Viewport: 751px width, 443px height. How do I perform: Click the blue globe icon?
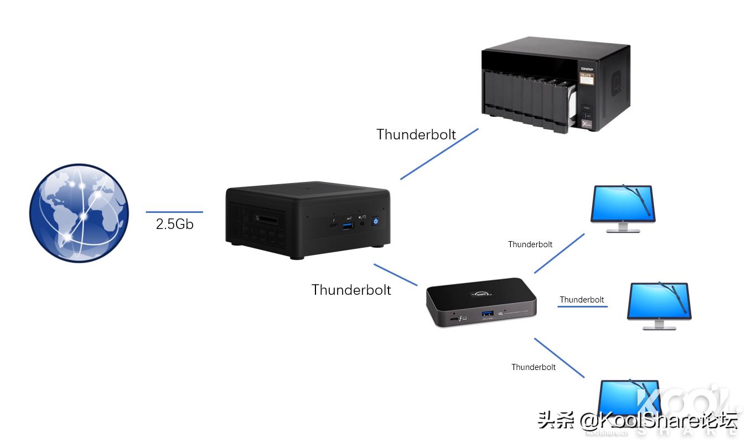(x=79, y=212)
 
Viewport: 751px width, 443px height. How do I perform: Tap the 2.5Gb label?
(x=175, y=224)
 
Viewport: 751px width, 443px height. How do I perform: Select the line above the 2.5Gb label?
(x=174, y=212)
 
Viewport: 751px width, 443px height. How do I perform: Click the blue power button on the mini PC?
(x=376, y=221)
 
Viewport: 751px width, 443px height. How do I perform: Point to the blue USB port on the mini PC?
(x=348, y=223)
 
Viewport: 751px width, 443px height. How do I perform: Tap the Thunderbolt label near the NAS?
(x=416, y=134)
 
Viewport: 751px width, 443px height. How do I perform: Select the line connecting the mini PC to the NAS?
(x=439, y=154)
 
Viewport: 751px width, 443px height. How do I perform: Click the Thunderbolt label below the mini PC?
(x=351, y=290)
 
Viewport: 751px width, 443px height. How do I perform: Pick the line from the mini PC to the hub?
(x=396, y=275)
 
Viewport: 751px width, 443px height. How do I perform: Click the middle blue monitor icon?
(x=659, y=305)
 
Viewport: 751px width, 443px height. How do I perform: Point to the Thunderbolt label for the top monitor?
(x=530, y=244)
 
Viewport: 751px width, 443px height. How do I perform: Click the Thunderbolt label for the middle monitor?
(x=582, y=300)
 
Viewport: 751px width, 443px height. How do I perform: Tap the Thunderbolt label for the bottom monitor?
(x=534, y=367)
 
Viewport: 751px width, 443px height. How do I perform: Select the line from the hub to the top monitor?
(x=559, y=253)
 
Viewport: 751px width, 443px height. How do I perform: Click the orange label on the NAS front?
(x=586, y=79)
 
